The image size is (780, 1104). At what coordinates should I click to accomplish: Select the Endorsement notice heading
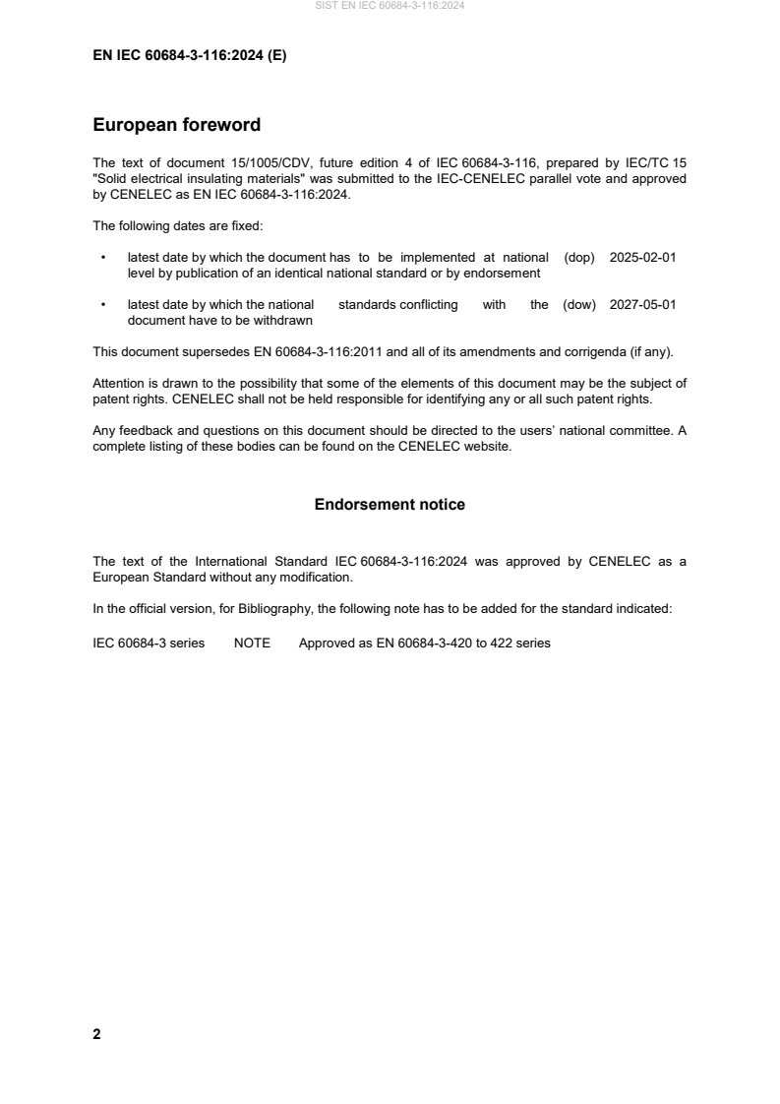tap(390, 505)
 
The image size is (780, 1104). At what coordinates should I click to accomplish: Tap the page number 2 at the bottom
tap(96, 1034)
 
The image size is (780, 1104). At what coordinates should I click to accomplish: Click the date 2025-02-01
tap(642, 258)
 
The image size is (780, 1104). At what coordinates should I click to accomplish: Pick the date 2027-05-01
tap(642, 305)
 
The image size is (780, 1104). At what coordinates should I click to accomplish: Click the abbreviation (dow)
tap(579, 305)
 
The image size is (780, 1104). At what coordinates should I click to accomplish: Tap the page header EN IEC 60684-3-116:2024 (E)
tap(189, 56)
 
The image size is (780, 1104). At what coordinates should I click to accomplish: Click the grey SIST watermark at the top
tap(390, 6)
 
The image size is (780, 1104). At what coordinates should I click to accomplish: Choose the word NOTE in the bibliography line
tap(252, 644)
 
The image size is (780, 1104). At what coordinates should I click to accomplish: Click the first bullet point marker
tap(103, 258)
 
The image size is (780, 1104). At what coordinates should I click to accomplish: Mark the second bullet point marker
tap(103, 305)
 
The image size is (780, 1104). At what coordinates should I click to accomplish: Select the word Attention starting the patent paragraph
tap(119, 383)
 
